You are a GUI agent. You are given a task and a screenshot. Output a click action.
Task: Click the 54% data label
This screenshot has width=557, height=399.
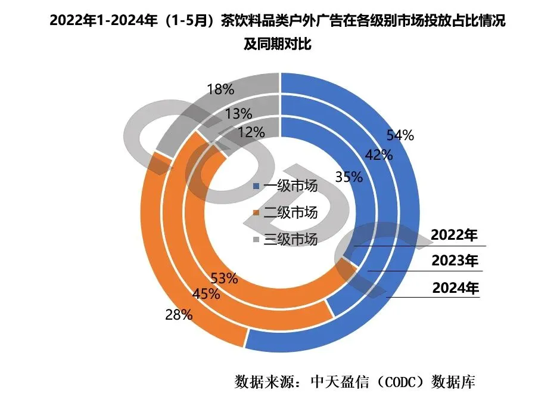point(400,135)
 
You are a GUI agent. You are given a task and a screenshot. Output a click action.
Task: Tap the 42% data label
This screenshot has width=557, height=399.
point(379,155)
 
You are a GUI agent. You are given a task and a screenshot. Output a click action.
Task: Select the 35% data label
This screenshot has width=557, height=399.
point(349,177)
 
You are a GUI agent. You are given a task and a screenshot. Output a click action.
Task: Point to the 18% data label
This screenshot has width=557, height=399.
point(220,90)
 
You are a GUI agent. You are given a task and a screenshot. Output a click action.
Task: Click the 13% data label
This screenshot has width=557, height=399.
point(238,113)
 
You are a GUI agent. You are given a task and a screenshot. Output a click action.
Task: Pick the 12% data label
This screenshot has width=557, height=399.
point(250,132)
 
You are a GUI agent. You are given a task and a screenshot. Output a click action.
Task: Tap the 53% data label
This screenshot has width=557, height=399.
point(225,278)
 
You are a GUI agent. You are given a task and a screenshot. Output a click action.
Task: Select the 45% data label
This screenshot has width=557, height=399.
point(206,293)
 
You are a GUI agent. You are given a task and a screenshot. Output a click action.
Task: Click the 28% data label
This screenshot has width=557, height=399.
point(178,315)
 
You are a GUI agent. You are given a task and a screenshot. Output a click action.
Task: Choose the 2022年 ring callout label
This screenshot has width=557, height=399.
point(455,236)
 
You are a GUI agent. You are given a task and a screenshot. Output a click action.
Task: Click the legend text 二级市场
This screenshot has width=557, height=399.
point(291,213)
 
